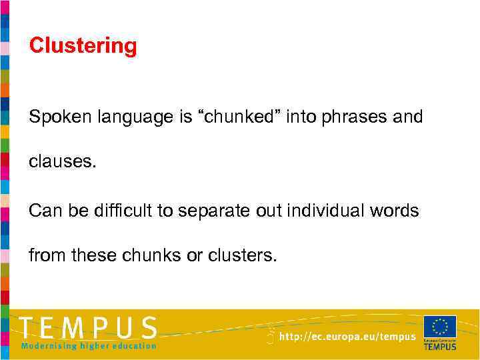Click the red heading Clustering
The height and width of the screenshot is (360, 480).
coord(83,46)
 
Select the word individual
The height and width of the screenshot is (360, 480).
coord(325,211)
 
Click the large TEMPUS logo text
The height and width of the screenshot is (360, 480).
coord(88,329)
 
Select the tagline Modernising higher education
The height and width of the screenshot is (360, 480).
coord(88,345)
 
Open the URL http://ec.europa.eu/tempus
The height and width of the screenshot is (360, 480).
coord(347,337)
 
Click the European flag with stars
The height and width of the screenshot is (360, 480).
coord(440,327)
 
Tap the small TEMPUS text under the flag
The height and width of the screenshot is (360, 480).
coord(440,346)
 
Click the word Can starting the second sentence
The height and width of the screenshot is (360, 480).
coord(43,211)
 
